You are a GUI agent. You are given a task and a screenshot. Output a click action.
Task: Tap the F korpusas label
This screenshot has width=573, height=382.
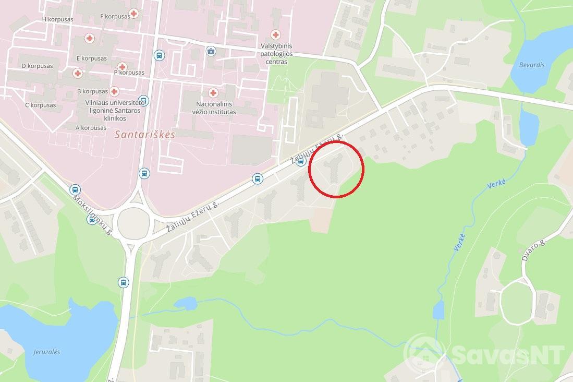pyautogui.click(x=115, y=16)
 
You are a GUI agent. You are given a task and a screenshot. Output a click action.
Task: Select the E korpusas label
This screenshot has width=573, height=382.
pyautogui.click(x=91, y=58)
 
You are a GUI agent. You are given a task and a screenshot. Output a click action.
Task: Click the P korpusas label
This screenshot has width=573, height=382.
pyautogui.click(x=129, y=73)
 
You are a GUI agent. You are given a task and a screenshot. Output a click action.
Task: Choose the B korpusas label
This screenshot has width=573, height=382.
pyautogui.click(x=92, y=91)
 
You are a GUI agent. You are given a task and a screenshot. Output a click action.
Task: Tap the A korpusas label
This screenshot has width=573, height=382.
pyautogui.click(x=91, y=127)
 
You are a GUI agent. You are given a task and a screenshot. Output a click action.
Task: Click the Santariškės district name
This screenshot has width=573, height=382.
pyautogui.click(x=144, y=134)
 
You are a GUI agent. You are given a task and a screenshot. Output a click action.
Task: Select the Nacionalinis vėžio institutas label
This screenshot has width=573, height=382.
pyautogui.click(x=216, y=108)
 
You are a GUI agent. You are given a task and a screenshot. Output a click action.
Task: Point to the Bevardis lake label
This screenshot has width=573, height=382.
pyautogui.click(x=532, y=65)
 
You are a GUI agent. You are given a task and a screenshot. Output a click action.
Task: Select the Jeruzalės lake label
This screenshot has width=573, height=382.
pyautogui.click(x=46, y=352)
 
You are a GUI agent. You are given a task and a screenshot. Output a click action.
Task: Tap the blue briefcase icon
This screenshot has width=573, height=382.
pyautogui.click(x=211, y=51)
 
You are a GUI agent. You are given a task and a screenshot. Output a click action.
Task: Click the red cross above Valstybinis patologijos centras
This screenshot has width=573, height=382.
pyautogui.click(x=275, y=35)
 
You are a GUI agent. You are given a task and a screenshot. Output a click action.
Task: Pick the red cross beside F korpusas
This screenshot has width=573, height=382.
pyautogui.click(x=134, y=14)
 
